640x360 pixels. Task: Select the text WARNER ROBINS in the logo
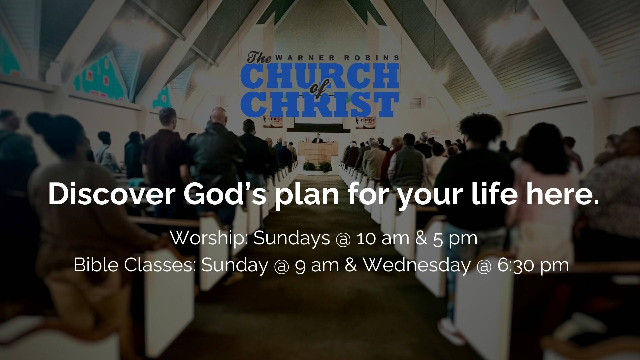(x=337, y=58)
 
